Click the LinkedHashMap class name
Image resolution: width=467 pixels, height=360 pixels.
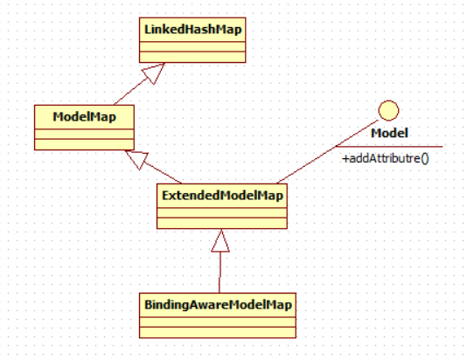point(192,30)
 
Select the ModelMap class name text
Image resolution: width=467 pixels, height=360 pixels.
point(84,116)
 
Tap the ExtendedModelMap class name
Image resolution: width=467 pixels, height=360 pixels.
point(222,196)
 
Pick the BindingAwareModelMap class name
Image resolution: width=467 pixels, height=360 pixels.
point(218,305)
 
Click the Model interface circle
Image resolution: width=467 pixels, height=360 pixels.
point(388,111)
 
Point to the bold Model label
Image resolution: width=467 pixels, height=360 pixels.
point(389,133)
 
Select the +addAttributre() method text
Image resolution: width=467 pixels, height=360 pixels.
point(386,158)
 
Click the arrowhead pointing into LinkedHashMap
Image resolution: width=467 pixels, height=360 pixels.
point(154,73)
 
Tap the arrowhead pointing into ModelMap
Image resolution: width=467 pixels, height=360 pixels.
point(137,160)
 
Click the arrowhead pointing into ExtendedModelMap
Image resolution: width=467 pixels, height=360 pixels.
point(220,240)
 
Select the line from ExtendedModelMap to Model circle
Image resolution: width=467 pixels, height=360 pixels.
point(327,151)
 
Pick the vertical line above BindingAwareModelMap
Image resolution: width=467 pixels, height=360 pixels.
point(220,273)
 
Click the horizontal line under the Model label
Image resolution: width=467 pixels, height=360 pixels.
point(389,147)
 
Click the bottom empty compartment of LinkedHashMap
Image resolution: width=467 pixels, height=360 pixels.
point(192,57)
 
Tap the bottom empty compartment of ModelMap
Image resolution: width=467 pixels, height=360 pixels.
point(84,144)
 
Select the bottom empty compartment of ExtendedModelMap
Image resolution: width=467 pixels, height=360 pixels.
point(222,223)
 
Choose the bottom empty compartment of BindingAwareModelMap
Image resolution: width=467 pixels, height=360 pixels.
point(218,332)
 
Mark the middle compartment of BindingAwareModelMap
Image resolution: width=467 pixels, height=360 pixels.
point(218,322)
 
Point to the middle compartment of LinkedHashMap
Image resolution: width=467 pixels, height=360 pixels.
point(192,47)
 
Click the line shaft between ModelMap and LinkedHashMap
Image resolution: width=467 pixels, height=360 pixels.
point(131,91)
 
